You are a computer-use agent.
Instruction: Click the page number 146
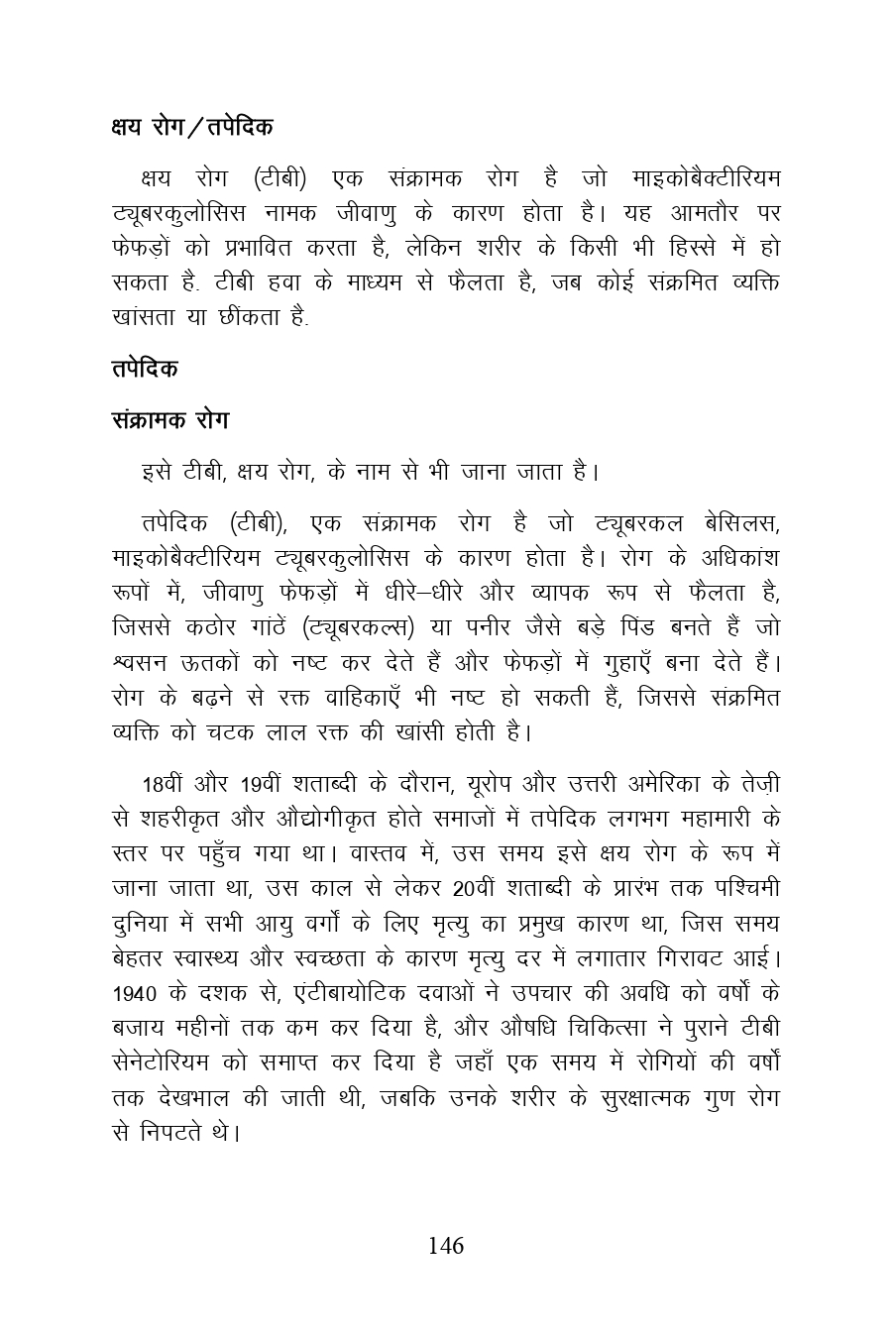point(446,1246)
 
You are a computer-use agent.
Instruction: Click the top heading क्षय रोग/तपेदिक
point(192,128)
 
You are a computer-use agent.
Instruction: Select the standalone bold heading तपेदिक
point(145,368)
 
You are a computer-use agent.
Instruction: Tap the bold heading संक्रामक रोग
point(170,420)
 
